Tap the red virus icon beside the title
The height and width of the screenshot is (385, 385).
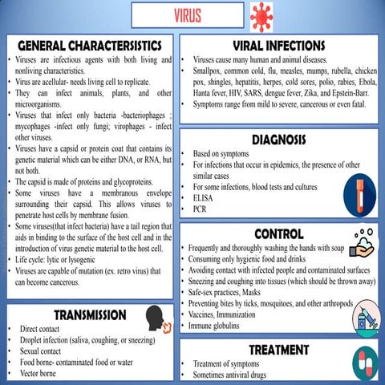(261, 16)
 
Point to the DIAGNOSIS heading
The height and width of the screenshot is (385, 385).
(279, 140)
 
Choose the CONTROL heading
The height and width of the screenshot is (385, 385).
(278, 233)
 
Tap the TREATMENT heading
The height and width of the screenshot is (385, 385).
(278, 350)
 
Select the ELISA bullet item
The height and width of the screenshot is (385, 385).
(205, 198)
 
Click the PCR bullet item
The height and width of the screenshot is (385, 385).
(201, 209)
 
